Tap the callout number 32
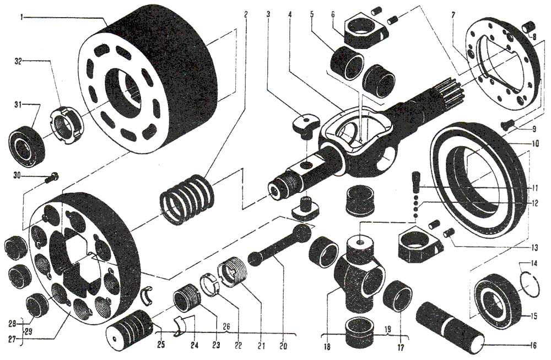coord(18,61)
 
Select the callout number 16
coord(533,346)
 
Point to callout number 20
coord(283,346)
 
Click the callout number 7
coord(453,15)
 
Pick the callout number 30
coord(18,176)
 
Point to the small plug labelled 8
coord(528,26)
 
